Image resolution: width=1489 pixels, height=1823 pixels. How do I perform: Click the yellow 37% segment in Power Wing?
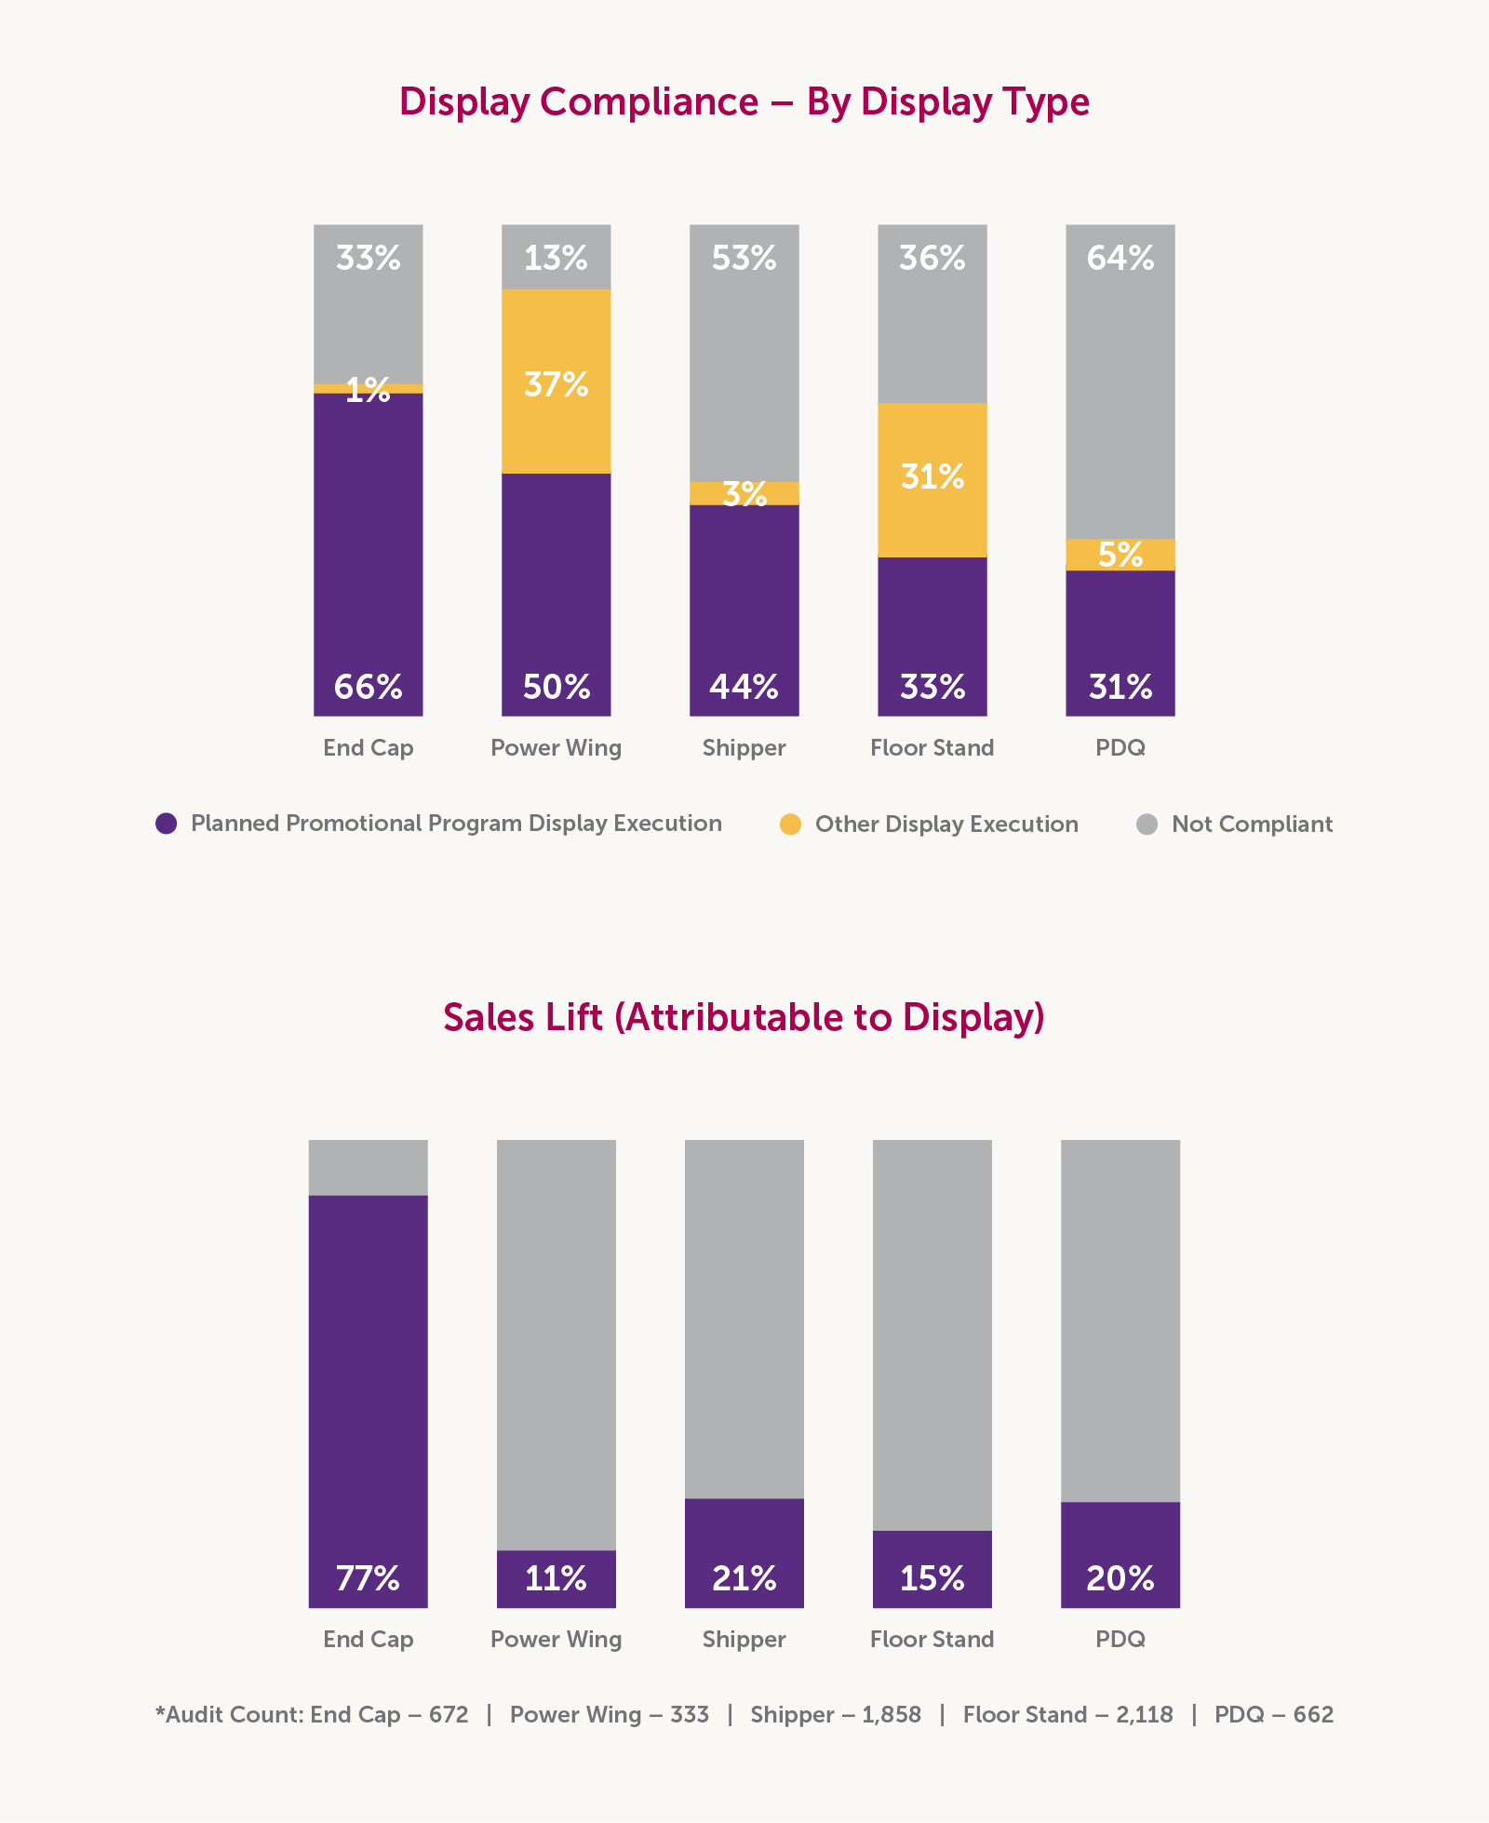click(556, 382)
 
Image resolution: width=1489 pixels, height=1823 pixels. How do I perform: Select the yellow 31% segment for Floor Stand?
click(932, 479)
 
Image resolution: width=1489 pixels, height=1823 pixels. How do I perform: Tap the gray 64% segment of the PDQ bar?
click(1120, 382)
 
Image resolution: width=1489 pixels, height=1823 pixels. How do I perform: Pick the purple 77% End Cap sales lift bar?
click(368, 1396)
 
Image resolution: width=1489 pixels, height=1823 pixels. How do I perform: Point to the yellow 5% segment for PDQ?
click(1120, 555)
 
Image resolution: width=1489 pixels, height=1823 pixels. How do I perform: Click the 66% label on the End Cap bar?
click(368, 687)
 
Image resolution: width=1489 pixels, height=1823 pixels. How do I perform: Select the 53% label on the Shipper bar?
click(744, 258)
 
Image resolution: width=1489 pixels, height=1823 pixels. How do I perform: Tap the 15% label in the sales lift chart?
click(932, 1578)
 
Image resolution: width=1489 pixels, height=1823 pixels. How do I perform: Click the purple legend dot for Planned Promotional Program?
click(167, 824)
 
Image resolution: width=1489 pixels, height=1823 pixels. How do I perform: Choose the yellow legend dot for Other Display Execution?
click(790, 824)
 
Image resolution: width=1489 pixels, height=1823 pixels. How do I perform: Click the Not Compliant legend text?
click(1252, 824)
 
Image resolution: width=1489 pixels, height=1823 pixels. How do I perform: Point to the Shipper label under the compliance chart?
click(744, 748)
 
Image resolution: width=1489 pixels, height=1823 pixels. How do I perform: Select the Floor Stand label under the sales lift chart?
click(932, 1639)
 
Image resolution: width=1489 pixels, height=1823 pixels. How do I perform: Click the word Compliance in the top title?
click(649, 102)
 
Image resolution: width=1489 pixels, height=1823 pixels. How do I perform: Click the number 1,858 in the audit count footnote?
click(891, 1714)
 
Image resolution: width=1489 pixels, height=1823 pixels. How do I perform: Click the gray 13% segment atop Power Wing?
click(556, 257)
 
